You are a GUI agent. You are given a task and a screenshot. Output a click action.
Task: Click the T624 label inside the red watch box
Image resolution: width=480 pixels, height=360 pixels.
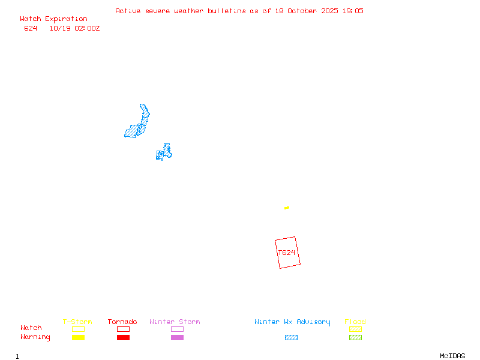pos(287,253)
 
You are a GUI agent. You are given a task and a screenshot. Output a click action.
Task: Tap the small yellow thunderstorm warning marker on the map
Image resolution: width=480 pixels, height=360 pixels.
pos(287,208)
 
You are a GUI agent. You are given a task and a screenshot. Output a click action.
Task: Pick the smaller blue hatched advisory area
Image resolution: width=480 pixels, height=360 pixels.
pos(163,153)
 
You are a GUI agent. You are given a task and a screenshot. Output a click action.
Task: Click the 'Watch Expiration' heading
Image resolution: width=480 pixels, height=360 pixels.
pos(53,19)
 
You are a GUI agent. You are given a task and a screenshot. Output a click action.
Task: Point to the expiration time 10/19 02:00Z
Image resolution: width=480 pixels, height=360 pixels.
pos(74,28)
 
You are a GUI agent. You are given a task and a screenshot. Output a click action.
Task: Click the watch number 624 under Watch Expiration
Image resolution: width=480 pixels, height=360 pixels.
pos(31,28)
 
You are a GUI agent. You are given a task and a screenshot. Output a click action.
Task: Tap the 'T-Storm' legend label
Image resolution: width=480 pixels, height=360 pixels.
pos(77,322)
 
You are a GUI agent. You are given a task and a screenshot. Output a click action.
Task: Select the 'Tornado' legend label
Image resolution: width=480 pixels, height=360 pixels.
pos(122,322)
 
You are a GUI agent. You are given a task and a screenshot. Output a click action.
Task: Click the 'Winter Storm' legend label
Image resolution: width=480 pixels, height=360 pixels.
pos(175,322)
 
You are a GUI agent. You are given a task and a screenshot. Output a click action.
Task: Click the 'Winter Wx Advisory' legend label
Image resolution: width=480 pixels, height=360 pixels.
pos(292,322)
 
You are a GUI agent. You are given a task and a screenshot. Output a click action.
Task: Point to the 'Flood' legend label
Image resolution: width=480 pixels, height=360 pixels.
pos(355,322)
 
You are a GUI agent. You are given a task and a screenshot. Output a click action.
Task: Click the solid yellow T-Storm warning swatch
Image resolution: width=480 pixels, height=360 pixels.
pos(78,337)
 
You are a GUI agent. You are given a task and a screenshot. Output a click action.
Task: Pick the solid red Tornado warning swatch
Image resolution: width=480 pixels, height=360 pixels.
pos(123,337)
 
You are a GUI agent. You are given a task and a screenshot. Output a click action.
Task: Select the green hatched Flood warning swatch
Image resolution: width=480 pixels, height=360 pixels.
pos(355,337)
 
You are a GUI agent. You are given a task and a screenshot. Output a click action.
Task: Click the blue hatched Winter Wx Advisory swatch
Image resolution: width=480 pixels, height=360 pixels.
pos(291,337)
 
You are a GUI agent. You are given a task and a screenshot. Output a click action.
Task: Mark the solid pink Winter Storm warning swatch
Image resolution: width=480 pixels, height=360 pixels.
pos(177,337)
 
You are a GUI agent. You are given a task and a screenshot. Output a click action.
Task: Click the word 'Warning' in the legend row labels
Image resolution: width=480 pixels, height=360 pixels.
pos(35,337)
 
